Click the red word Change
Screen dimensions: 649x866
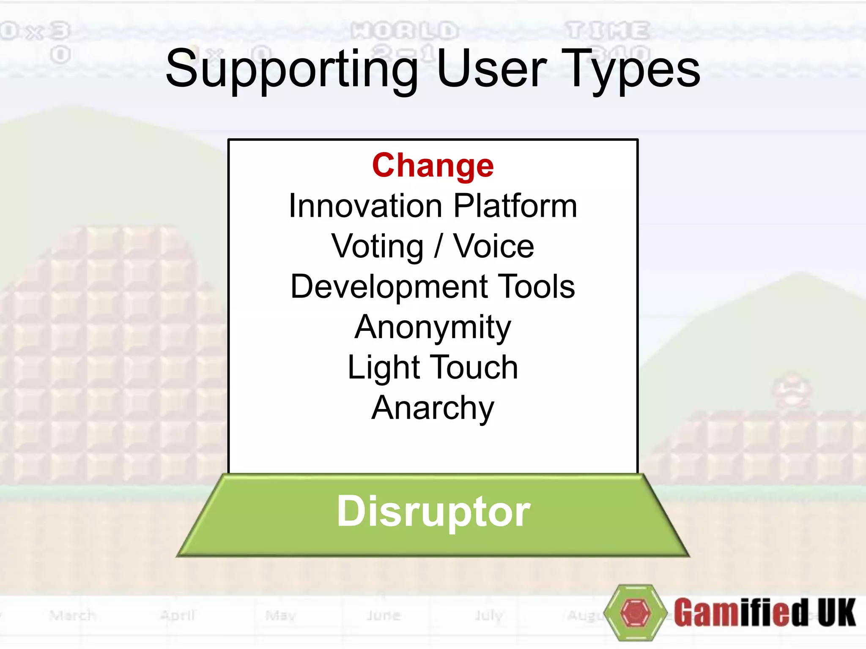[433, 166]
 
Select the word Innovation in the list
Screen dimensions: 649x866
[365, 206]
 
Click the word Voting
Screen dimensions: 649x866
[377, 246]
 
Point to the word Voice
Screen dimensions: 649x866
[493, 246]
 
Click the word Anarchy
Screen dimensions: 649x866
[433, 408]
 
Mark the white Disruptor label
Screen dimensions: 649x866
[433, 511]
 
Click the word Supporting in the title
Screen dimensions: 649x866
[292, 69]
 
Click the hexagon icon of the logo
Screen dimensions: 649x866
[635, 612]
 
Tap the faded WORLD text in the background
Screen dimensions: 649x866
[405, 31]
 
